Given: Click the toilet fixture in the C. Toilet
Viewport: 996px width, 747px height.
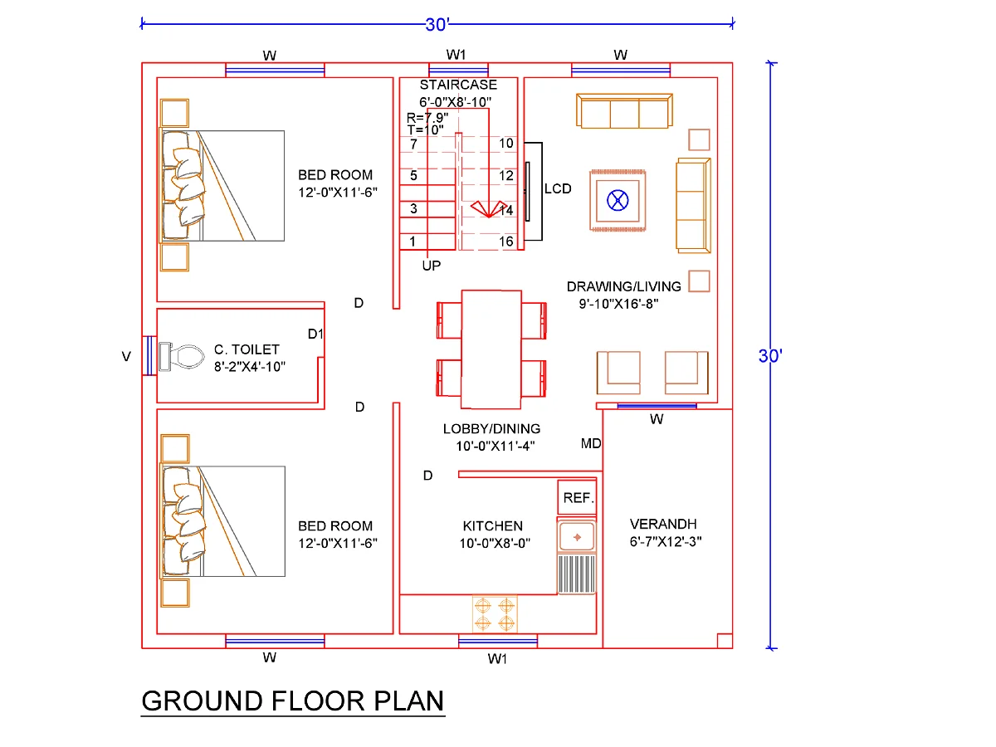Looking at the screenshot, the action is [x=181, y=356].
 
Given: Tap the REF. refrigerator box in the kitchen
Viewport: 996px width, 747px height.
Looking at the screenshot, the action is [x=577, y=497].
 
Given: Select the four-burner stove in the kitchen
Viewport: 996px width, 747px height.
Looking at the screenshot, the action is [x=495, y=613].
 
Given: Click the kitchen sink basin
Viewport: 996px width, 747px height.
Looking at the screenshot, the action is [x=576, y=537].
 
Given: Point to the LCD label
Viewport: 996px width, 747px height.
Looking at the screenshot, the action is [x=558, y=188].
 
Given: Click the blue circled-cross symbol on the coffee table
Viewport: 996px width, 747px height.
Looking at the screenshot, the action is [x=618, y=200].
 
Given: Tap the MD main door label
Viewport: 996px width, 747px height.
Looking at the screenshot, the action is [x=591, y=443].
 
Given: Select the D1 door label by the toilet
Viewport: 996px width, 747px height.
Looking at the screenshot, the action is [x=315, y=334].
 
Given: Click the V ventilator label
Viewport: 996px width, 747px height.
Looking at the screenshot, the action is [x=126, y=357].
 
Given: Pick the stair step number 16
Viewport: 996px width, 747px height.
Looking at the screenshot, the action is [x=506, y=242].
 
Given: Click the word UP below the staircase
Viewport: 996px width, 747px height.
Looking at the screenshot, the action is [x=431, y=266].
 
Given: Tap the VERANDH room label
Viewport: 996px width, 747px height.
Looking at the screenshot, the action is [x=663, y=524].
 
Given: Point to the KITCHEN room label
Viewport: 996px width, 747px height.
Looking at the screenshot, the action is [x=493, y=525].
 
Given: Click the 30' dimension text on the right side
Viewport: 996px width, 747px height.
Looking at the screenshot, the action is [x=770, y=356].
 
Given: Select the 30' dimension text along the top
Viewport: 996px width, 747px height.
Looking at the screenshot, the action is [x=437, y=25].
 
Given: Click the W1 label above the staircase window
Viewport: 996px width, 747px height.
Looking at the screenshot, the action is [x=456, y=55].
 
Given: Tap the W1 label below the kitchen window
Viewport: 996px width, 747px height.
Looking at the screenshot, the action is [x=497, y=658].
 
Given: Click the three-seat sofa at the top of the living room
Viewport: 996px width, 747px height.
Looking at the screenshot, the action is [x=624, y=110].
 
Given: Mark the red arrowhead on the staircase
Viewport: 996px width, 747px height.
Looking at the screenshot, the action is [x=489, y=209].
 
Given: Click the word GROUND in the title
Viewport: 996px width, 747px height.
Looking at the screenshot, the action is [x=202, y=701].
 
